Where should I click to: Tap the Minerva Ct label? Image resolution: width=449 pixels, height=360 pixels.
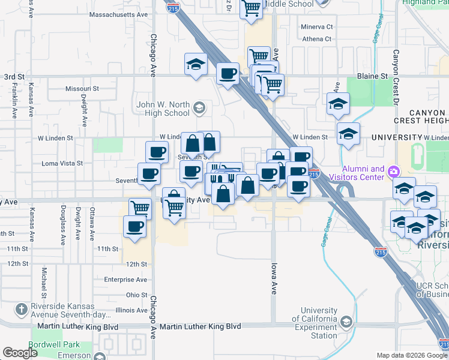click(x=316, y=27)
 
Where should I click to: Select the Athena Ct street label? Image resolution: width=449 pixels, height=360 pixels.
click(x=316, y=39)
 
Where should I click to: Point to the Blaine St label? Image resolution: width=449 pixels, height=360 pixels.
click(x=372, y=76)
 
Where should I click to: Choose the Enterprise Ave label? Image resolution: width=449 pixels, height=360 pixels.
click(x=125, y=280)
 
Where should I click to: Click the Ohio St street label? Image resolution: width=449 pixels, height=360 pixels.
click(x=136, y=295)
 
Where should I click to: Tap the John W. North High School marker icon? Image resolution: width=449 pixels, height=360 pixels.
click(x=199, y=108)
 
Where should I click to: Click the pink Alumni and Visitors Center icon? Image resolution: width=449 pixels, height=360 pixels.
click(x=394, y=172)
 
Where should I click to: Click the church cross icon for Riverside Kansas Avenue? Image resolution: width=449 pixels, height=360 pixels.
click(x=21, y=310)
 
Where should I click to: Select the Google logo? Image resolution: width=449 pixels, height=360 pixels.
click(x=20, y=353)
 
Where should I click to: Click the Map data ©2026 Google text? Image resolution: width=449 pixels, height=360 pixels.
click(x=403, y=355)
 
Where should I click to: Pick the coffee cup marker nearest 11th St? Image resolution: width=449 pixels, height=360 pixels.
click(x=135, y=227)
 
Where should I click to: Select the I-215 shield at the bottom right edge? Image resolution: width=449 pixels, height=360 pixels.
click(x=444, y=344)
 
